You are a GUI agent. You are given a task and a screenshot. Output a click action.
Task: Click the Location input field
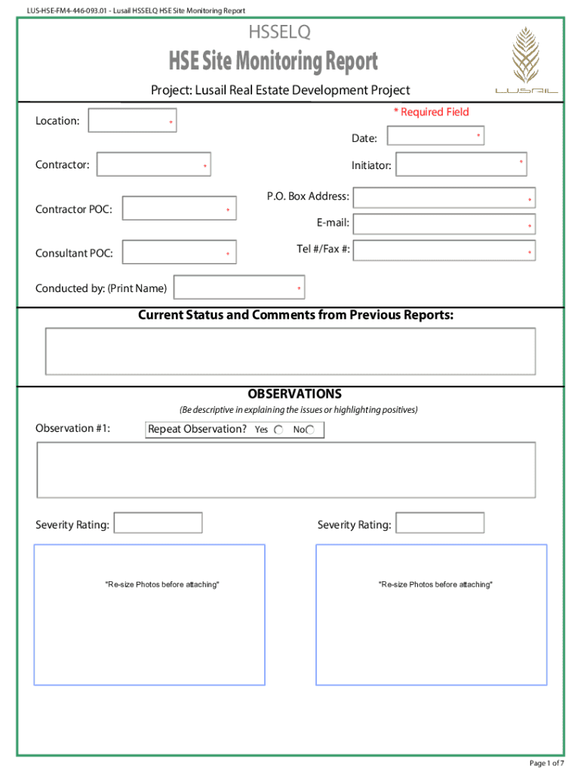point(132,121)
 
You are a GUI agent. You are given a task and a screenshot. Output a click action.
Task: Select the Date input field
point(435,136)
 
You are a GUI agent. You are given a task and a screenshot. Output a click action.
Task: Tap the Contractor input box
point(154,165)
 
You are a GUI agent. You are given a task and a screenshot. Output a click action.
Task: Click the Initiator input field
point(461,165)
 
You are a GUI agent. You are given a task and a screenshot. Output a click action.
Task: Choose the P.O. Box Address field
point(444,198)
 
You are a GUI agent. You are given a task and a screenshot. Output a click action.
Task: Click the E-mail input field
point(444,224)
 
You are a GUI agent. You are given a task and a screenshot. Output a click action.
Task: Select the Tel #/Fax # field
point(444,251)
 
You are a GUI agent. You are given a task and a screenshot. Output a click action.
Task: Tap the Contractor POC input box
point(179,208)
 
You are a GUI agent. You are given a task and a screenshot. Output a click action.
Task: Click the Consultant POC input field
point(179,252)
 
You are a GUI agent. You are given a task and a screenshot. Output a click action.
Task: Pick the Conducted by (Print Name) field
point(240,288)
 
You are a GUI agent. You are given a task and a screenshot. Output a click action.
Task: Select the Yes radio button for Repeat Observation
point(278,430)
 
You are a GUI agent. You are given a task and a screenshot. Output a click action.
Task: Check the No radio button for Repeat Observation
point(310,430)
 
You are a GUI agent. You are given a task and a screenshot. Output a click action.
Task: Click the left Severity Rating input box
point(158,523)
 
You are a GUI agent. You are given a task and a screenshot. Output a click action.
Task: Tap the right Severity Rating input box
point(440,523)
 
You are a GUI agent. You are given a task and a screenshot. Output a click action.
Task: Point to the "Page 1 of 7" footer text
point(547,763)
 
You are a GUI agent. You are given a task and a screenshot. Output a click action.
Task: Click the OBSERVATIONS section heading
point(294,394)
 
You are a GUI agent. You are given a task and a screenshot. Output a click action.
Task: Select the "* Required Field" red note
point(431,112)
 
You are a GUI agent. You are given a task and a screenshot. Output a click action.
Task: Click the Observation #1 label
point(73,429)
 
